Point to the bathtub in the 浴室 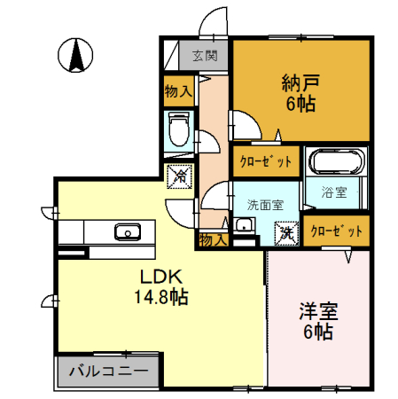335,163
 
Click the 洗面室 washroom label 265,203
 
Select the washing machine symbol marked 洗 286,232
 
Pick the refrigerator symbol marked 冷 178,176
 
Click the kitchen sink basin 127,233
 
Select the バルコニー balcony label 108,371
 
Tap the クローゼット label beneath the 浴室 336,231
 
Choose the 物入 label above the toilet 179,90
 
